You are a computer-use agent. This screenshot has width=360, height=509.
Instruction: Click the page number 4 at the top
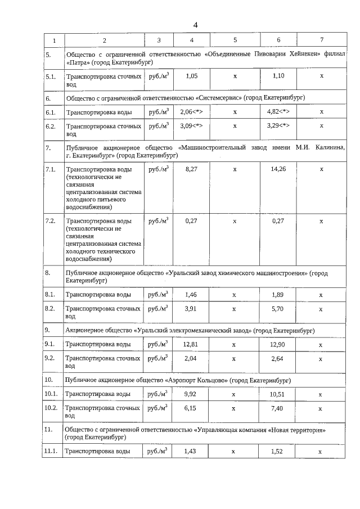point(195,25)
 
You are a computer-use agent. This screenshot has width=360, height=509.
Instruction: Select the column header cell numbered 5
point(235,40)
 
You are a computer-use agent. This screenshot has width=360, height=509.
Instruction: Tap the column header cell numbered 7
point(321,40)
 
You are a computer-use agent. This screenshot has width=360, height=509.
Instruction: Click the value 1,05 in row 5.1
point(192,75)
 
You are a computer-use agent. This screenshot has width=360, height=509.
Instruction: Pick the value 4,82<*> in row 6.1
point(278,111)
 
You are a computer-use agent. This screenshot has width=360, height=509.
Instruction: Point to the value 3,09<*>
point(192,126)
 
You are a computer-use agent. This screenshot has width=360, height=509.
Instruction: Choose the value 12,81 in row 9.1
point(192,344)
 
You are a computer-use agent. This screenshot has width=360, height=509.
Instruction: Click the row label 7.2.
point(50,221)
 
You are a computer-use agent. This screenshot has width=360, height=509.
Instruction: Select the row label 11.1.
point(51,451)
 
